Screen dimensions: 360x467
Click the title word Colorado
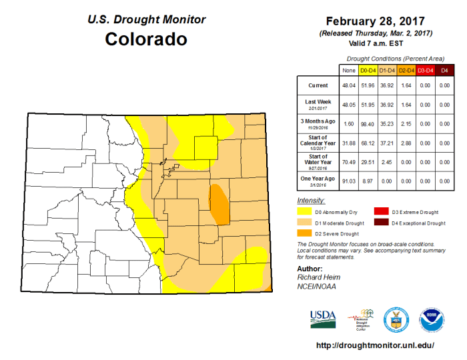tap(146, 39)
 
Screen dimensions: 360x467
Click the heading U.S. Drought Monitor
tap(146, 19)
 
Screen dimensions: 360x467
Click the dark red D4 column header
tap(445, 69)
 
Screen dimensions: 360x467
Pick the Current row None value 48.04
tap(348, 86)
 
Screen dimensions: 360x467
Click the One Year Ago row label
tap(317, 181)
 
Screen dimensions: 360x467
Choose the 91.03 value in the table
tap(348, 181)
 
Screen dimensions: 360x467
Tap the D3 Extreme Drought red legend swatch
tap(381, 211)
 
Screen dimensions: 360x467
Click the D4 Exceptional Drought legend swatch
tap(381, 223)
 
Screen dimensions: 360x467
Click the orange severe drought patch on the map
tap(218, 205)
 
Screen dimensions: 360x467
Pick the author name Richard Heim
tap(317, 277)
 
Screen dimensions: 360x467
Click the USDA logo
tap(323, 319)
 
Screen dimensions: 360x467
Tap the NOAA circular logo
tap(430, 319)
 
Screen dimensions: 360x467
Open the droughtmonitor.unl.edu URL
tap(374, 345)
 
